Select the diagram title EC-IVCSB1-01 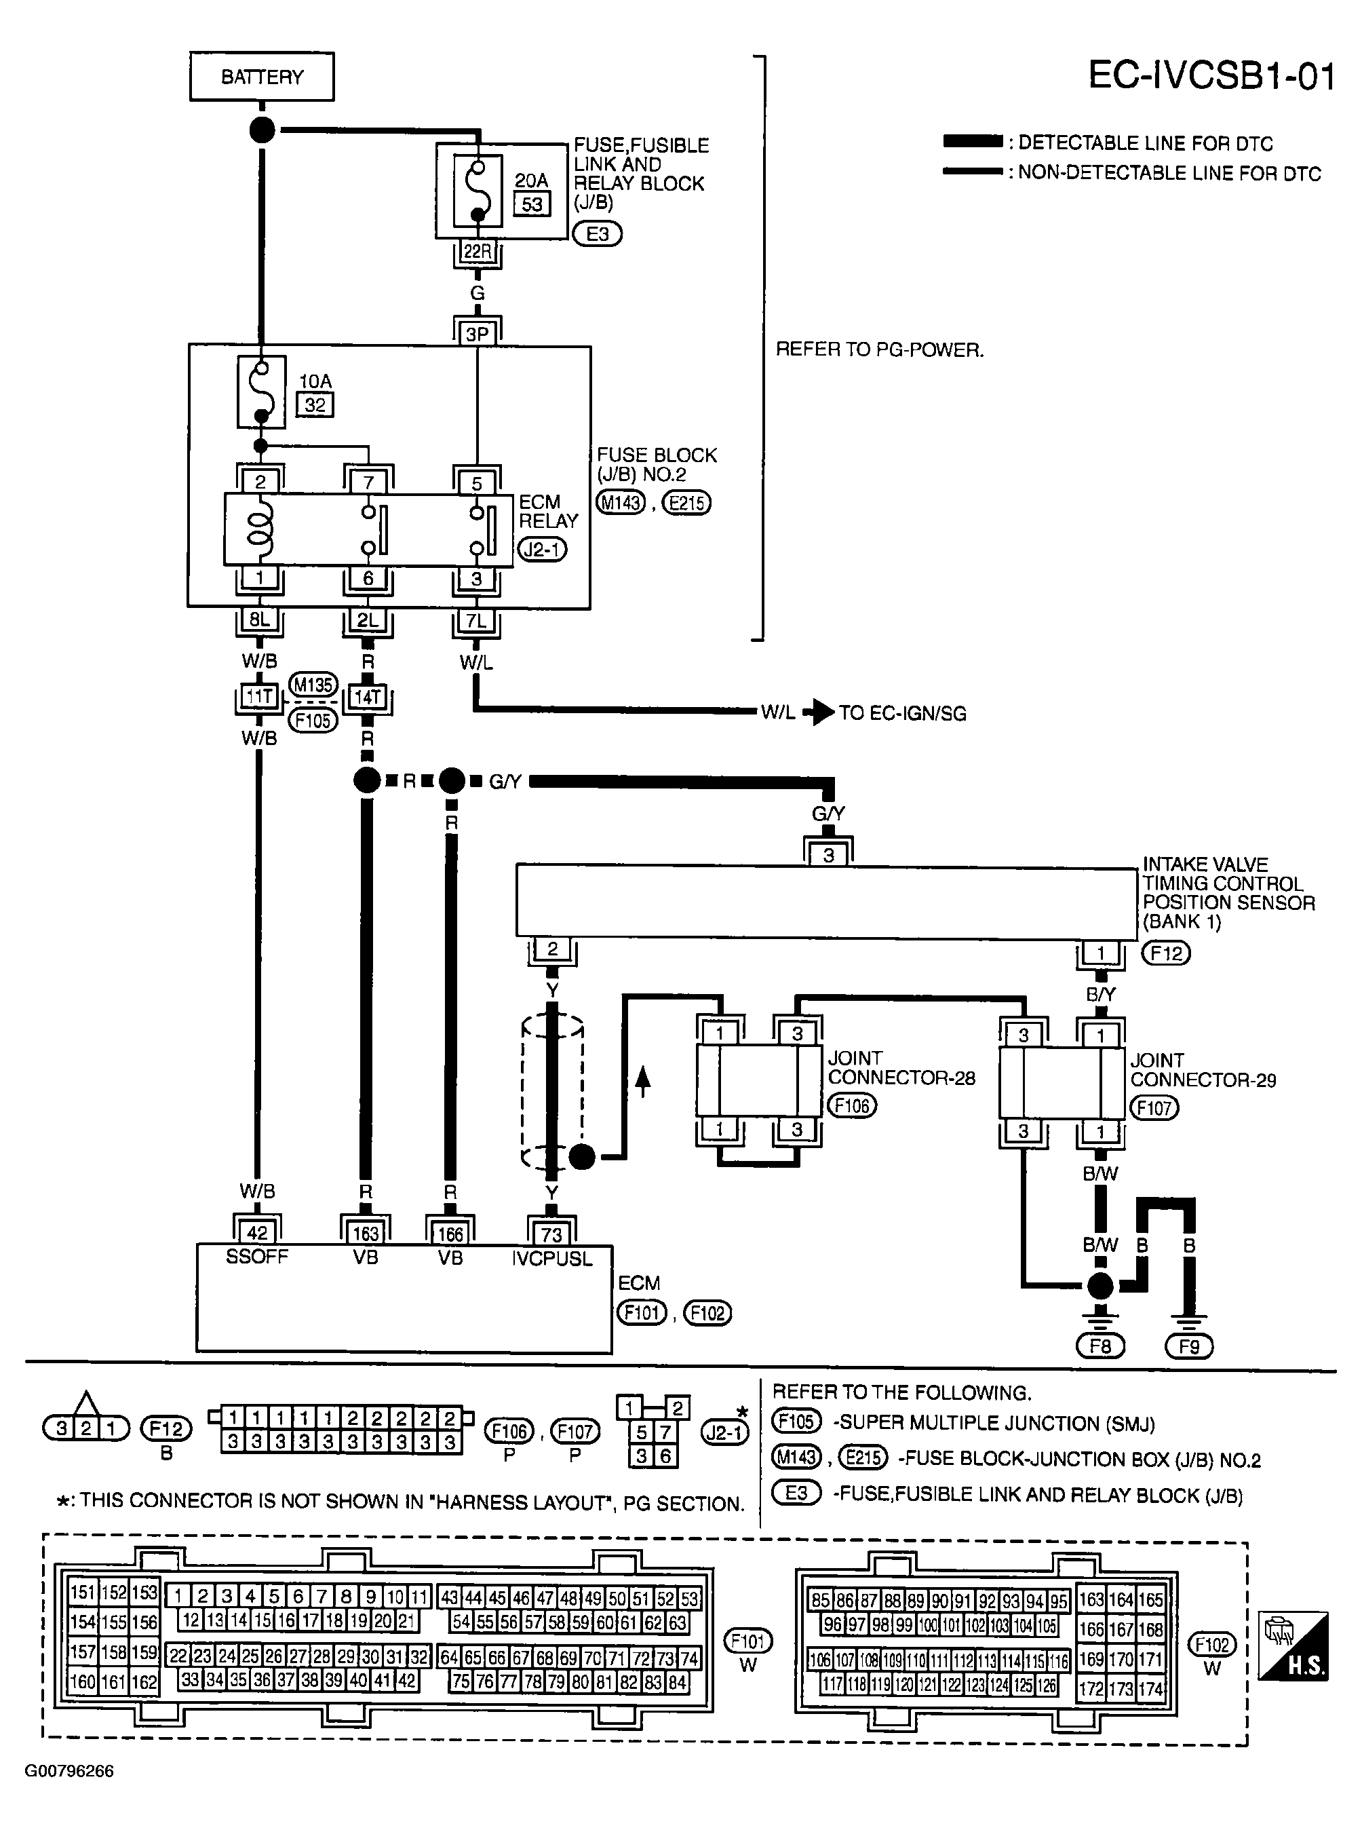(1210, 76)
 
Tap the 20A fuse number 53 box (532, 204)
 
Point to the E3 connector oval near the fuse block (597, 234)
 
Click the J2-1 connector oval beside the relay (542, 549)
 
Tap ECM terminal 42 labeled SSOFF (257, 1233)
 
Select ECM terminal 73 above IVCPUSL (551, 1234)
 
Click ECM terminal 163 (365, 1234)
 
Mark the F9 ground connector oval (1189, 1346)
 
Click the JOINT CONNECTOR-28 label (901, 1068)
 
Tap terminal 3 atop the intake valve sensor (829, 856)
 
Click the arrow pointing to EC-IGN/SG (819, 712)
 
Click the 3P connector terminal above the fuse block (478, 334)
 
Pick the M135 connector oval (313, 685)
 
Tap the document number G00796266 (69, 1771)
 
